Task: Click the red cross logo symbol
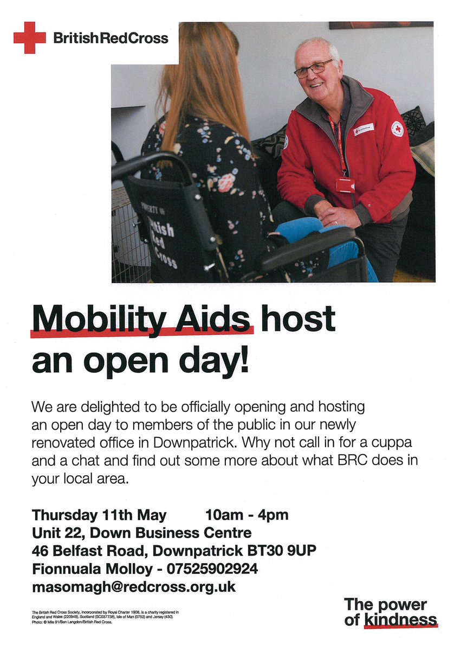click(30, 37)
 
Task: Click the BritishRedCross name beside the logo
click(111, 38)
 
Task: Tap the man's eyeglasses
click(314, 68)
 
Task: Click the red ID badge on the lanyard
click(345, 185)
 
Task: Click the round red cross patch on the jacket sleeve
click(397, 129)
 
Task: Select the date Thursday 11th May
click(99, 514)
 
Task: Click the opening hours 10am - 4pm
click(247, 514)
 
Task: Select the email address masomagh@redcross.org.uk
click(134, 587)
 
